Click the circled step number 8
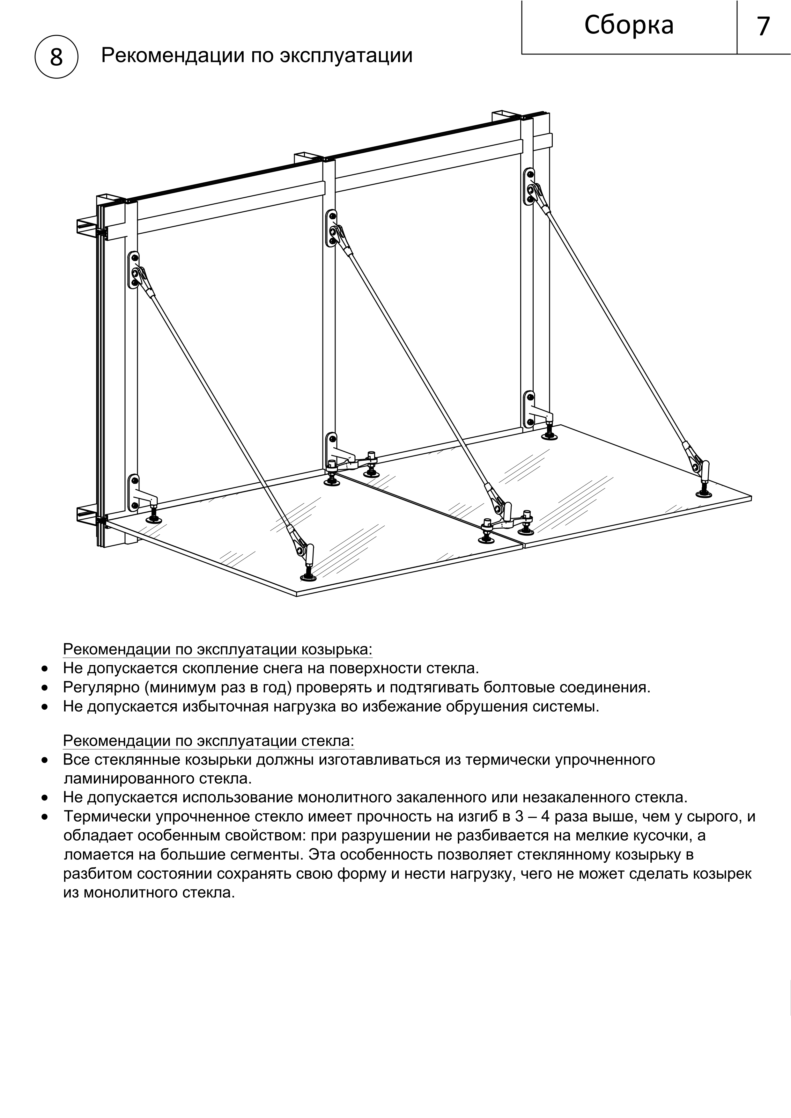click(56, 57)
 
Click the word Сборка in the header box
click(628, 25)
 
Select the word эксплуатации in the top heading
click(346, 55)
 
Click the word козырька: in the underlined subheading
click(337, 650)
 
